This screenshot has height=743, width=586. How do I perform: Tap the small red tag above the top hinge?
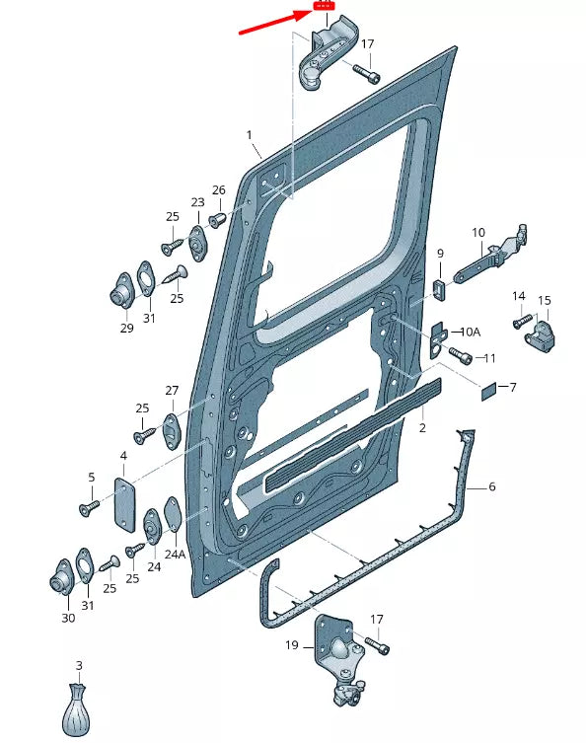[x=323, y=6]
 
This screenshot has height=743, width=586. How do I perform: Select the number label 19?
[x=291, y=646]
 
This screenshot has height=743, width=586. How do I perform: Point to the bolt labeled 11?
[x=460, y=354]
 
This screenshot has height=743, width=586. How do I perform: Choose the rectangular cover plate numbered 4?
[x=123, y=504]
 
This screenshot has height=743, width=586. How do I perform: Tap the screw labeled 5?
[x=87, y=508]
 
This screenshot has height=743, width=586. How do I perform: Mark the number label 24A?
[x=175, y=554]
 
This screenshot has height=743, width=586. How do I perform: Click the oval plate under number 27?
[x=173, y=430]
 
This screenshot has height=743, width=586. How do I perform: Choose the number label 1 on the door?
[x=250, y=134]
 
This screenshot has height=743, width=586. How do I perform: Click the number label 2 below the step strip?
[x=421, y=429]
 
